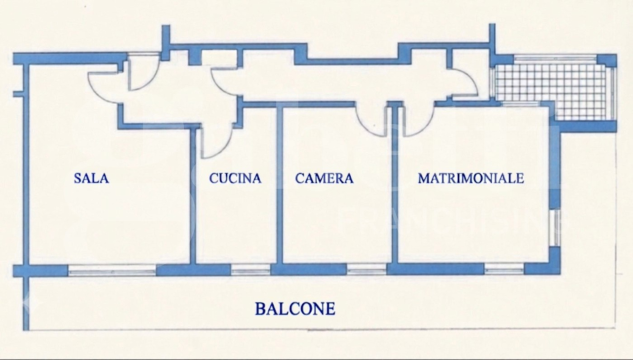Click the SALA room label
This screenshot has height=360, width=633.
point(91,178)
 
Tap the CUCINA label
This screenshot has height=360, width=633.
point(235,178)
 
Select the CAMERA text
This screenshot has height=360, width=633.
point(324,178)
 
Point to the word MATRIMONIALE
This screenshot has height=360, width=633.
point(471,178)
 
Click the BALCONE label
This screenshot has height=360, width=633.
point(295,309)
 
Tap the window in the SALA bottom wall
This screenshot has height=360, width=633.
point(112,271)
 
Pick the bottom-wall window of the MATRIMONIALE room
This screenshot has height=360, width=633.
point(504,270)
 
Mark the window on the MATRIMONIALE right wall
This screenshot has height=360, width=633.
point(556,227)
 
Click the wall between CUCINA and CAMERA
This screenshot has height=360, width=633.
point(279,185)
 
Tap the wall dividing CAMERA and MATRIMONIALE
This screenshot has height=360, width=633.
point(395,185)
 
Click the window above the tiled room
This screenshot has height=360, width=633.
point(555,59)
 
